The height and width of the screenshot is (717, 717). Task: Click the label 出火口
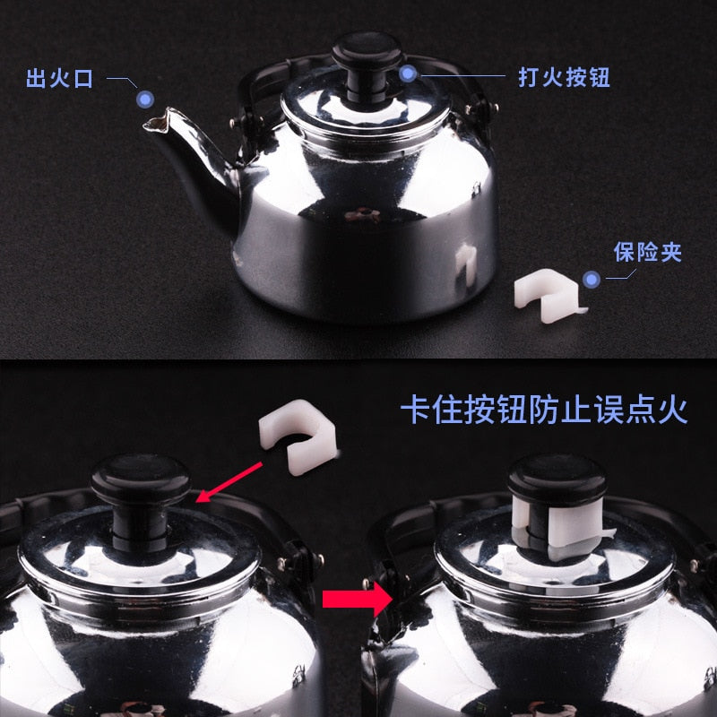pos(59,78)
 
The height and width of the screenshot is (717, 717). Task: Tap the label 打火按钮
pos(564,77)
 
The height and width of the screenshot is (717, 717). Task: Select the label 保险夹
pos(647,252)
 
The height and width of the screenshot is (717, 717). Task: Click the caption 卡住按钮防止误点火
pos(544,410)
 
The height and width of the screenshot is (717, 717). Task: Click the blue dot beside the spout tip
pos(145,99)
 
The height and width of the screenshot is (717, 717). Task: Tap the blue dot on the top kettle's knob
pos(408,73)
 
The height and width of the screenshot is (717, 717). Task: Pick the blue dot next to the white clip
pos(592,279)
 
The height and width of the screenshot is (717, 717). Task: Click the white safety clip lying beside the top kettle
pos(547,295)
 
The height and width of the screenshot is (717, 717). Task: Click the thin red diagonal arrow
pos(229,482)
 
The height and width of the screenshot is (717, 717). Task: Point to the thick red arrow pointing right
pos(357,599)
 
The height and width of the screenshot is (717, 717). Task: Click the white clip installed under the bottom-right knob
pos(561,526)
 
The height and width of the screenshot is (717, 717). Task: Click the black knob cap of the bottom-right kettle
pos(557,479)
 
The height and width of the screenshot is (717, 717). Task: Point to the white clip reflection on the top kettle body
pos(466,263)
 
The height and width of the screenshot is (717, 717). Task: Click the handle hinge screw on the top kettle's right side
pos(495,108)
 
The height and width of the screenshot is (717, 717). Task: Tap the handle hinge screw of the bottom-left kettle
pos(319,558)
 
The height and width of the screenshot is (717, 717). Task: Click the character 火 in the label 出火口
pos(59,78)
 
